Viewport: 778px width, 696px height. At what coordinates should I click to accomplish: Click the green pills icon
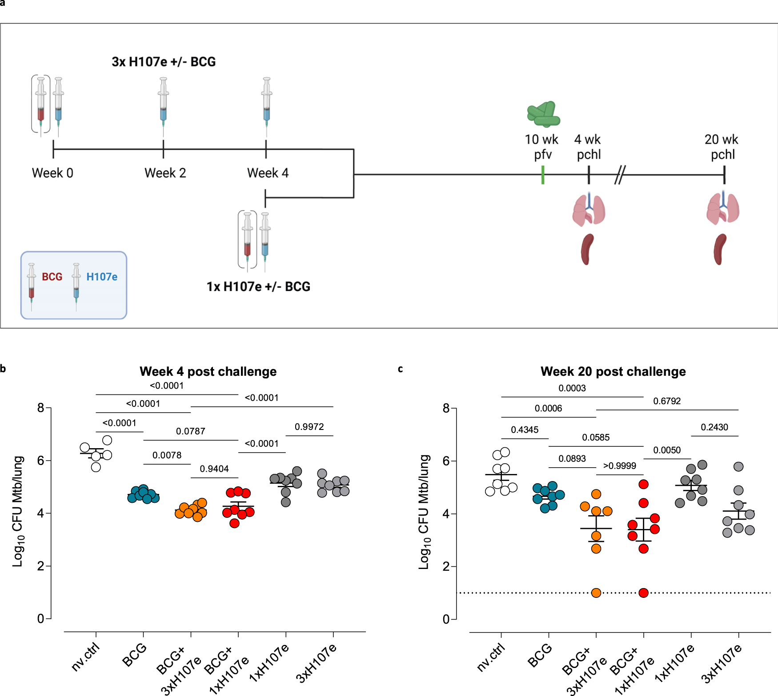(x=543, y=114)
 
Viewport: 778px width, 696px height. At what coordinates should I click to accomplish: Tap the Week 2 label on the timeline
(x=165, y=173)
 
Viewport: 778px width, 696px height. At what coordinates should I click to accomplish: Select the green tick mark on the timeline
(x=543, y=175)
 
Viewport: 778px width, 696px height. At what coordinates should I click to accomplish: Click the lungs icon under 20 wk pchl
(x=723, y=208)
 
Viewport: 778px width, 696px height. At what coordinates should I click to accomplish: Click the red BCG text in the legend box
(x=52, y=277)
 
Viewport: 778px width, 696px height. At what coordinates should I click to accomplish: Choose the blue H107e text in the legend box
(x=102, y=277)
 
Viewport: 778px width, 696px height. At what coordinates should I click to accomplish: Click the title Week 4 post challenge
(x=208, y=371)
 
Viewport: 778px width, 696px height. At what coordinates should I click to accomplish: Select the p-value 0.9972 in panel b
(x=309, y=427)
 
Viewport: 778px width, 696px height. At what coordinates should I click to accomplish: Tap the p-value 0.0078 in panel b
(x=167, y=455)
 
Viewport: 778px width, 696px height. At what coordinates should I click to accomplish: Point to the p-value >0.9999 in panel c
(x=619, y=465)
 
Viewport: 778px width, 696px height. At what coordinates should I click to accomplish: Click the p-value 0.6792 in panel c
(x=667, y=401)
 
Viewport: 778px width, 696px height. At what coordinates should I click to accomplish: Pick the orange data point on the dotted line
(x=596, y=593)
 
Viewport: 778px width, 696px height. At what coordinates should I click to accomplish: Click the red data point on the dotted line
(x=643, y=593)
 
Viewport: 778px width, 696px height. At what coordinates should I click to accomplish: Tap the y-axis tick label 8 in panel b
(x=41, y=408)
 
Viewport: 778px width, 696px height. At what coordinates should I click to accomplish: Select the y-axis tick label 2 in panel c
(x=446, y=566)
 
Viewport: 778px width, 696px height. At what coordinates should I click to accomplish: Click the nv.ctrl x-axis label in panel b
(x=86, y=657)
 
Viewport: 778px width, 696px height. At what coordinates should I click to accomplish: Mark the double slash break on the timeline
(x=620, y=175)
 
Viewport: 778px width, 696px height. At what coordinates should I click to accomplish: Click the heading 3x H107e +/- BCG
(x=164, y=62)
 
